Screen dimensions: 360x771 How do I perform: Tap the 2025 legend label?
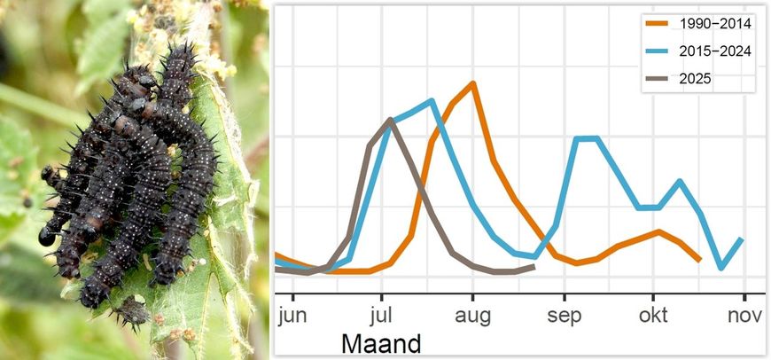[x=694, y=78]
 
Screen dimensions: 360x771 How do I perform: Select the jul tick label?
[x=381, y=316]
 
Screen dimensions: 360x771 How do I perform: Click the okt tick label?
[x=654, y=316]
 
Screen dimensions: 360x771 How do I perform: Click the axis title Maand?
[x=381, y=343]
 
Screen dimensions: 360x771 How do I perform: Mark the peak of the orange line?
[x=473, y=83]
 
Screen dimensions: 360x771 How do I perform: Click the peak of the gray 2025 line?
[x=390, y=119]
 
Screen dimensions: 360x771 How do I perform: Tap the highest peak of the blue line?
[x=431, y=100]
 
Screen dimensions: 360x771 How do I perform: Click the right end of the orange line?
[x=700, y=260]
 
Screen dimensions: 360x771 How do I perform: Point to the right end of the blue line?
[x=741, y=239]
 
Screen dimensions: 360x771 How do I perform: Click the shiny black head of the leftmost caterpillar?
[x=46, y=237]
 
